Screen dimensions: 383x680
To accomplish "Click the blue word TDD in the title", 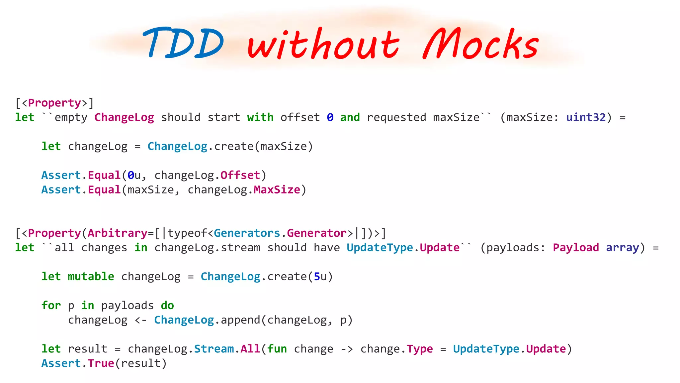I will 184,43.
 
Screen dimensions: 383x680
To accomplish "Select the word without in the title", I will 323,45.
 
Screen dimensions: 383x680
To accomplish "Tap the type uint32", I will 586,117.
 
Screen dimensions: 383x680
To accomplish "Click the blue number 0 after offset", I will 330,117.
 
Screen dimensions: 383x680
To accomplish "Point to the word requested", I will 396,117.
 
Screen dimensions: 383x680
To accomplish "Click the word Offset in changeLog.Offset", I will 240,175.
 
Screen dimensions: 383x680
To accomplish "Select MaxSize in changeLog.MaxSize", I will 277,190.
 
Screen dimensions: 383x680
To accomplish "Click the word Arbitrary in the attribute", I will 118,233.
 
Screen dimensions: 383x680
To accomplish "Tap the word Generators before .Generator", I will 247,233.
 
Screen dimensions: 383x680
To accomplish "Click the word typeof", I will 187,233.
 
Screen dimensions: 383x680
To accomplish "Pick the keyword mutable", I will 91,277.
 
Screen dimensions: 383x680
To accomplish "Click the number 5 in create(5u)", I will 317,277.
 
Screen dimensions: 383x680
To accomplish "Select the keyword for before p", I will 51,306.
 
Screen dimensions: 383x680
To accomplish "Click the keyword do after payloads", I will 167,306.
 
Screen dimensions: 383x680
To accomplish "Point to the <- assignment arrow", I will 141,320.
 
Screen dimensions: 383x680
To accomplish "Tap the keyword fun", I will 277,349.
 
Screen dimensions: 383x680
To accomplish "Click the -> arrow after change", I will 347,349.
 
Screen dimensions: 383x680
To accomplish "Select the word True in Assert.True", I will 101,363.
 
